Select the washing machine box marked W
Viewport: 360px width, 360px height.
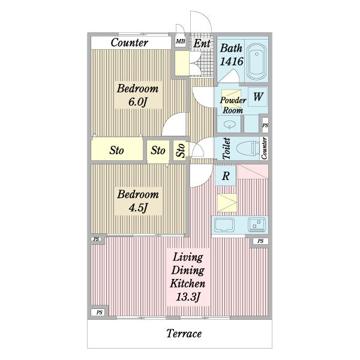coord(258,97)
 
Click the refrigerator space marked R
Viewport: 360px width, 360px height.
coord(226,176)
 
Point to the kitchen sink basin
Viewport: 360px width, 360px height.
coord(224,225)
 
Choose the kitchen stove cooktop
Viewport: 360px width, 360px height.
coord(257,224)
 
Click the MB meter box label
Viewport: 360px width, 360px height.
coord(181,41)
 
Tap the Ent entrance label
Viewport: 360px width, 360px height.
coord(202,43)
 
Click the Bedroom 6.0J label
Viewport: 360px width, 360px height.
coord(137,95)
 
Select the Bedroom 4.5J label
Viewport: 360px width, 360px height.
coord(138,201)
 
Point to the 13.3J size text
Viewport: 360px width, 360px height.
coord(188,296)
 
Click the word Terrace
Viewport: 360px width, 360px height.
coord(184,334)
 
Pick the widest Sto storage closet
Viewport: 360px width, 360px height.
coord(117,150)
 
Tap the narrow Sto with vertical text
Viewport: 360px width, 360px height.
coord(181,150)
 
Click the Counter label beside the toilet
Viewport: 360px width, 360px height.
coord(264,148)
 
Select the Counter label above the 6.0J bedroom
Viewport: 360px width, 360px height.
coord(129,43)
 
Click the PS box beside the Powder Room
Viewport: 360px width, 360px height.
coord(265,125)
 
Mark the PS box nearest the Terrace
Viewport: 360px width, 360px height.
coord(99,312)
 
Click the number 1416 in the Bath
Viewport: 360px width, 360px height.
coord(232,61)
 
